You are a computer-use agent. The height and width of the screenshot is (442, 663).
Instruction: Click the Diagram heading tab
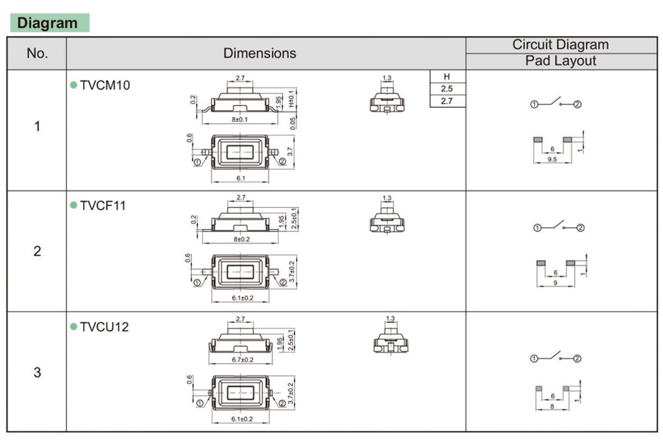tap(49, 23)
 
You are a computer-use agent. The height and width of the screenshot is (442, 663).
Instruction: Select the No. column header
tap(37, 53)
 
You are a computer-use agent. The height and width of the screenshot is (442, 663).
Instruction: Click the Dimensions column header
tap(260, 53)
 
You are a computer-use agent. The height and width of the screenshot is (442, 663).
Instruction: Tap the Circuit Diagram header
tap(560, 44)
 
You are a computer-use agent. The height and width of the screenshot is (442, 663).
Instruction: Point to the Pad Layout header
tap(560, 61)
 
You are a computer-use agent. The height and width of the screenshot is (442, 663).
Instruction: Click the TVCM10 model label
tap(104, 85)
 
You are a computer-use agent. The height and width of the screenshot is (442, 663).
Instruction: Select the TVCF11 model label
tap(103, 206)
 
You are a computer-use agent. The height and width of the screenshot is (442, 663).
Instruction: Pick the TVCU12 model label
tap(104, 327)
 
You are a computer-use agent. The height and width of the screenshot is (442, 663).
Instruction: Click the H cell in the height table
tap(446, 76)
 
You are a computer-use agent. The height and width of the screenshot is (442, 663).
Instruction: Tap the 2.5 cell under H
tap(446, 89)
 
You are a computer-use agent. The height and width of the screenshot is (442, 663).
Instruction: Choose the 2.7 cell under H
tap(446, 102)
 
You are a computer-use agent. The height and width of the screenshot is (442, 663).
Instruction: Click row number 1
tap(37, 127)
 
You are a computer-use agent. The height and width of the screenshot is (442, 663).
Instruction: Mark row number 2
tap(37, 251)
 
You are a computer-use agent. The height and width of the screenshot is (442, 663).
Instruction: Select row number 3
tap(37, 372)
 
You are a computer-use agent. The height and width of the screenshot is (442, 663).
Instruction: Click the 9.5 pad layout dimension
tap(552, 160)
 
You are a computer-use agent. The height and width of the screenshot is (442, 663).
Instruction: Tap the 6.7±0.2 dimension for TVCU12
tap(242, 360)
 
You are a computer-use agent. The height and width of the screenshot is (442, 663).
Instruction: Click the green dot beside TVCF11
tap(73, 205)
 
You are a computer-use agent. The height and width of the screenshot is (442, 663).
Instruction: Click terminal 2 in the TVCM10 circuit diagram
tap(578, 104)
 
